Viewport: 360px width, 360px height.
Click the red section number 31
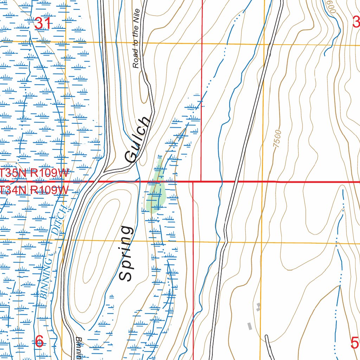(x=43, y=24)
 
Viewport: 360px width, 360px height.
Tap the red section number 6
(x=39, y=341)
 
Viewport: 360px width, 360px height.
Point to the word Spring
(x=126, y=253)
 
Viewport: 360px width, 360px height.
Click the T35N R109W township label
(x=34, y=173)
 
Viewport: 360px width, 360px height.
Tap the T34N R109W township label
(x=34, y=190)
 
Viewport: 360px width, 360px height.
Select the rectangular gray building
(x=250, y=326)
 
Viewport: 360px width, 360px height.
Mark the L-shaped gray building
(x=259, y=307)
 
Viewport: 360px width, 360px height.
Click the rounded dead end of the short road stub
(x=266, y=337)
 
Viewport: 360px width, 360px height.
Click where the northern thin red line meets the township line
(x=201, y=181)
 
